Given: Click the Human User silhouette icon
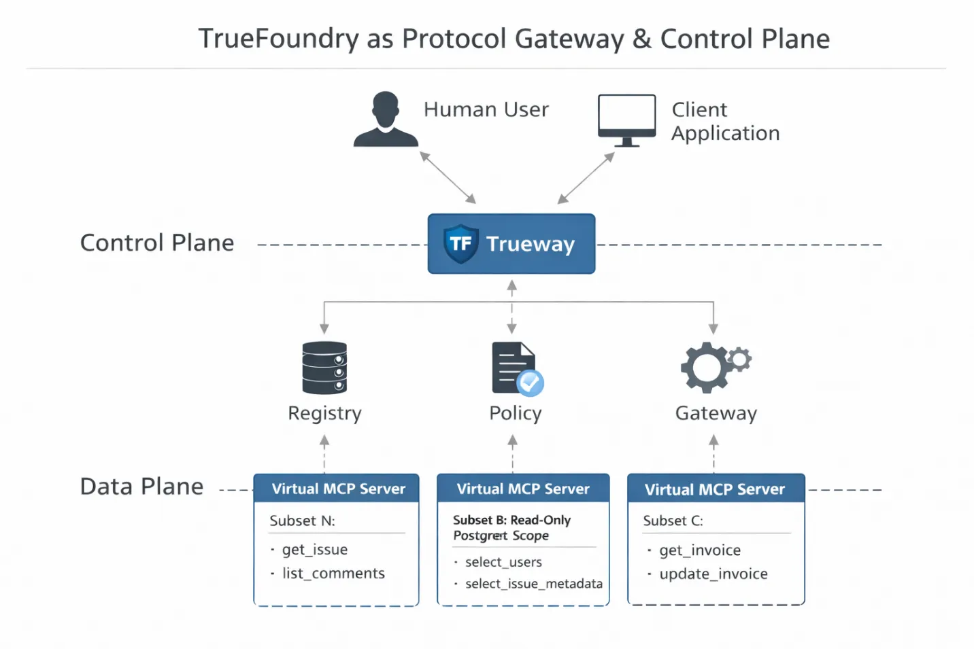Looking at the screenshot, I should coord(386,120).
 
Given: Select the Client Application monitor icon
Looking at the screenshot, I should coord(626,120).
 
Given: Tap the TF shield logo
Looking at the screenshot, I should coord(460,243).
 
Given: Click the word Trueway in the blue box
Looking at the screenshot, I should coord(531,244).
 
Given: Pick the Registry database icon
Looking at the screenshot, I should coord(324,368).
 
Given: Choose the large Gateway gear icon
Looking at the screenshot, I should coord(706,368).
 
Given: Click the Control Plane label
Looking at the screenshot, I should coord(157,243).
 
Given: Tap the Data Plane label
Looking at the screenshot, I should coord(141,487).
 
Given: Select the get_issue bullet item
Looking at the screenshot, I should coord(314,549).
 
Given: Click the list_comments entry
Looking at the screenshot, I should coord(333,573).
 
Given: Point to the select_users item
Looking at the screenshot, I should coord(503,562).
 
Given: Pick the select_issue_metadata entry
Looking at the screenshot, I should coord(533,584).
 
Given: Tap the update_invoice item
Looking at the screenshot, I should coord(713,574).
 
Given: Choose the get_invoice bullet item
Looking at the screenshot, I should coord(700,550).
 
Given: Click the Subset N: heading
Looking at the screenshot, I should coord(302,521).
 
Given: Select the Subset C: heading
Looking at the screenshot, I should coord(673,521).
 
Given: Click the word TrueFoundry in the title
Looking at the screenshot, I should coord(278,39).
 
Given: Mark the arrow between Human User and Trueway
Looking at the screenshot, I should coord(448,177).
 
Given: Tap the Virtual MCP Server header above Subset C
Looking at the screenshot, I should coord(715,489).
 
